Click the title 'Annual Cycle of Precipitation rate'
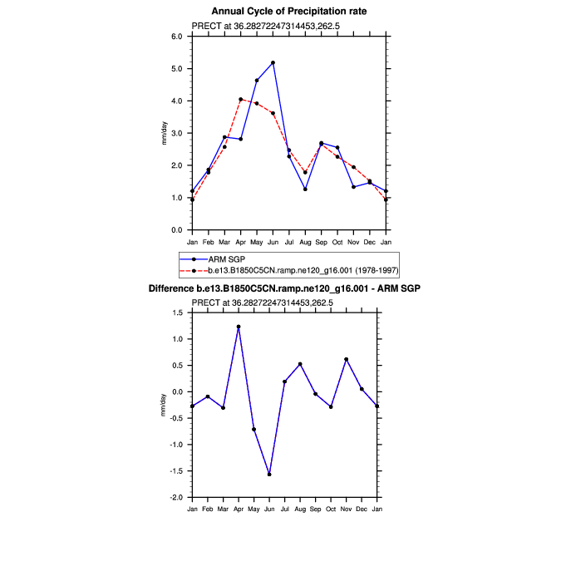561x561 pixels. [288, 11]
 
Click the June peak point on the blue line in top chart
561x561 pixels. [273, 62]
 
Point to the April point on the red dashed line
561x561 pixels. [240, 99]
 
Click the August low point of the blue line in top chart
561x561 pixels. [305, 189]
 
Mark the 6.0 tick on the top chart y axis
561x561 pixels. [177, 37]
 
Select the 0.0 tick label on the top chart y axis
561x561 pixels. [177, 230]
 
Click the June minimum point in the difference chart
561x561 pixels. [269, 475]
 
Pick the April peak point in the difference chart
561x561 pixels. [239, 327]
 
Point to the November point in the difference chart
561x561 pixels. [346, 359]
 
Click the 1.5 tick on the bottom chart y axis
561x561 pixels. [176, 312]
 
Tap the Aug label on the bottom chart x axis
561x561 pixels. [300, 508]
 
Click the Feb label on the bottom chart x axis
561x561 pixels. [208, 508]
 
